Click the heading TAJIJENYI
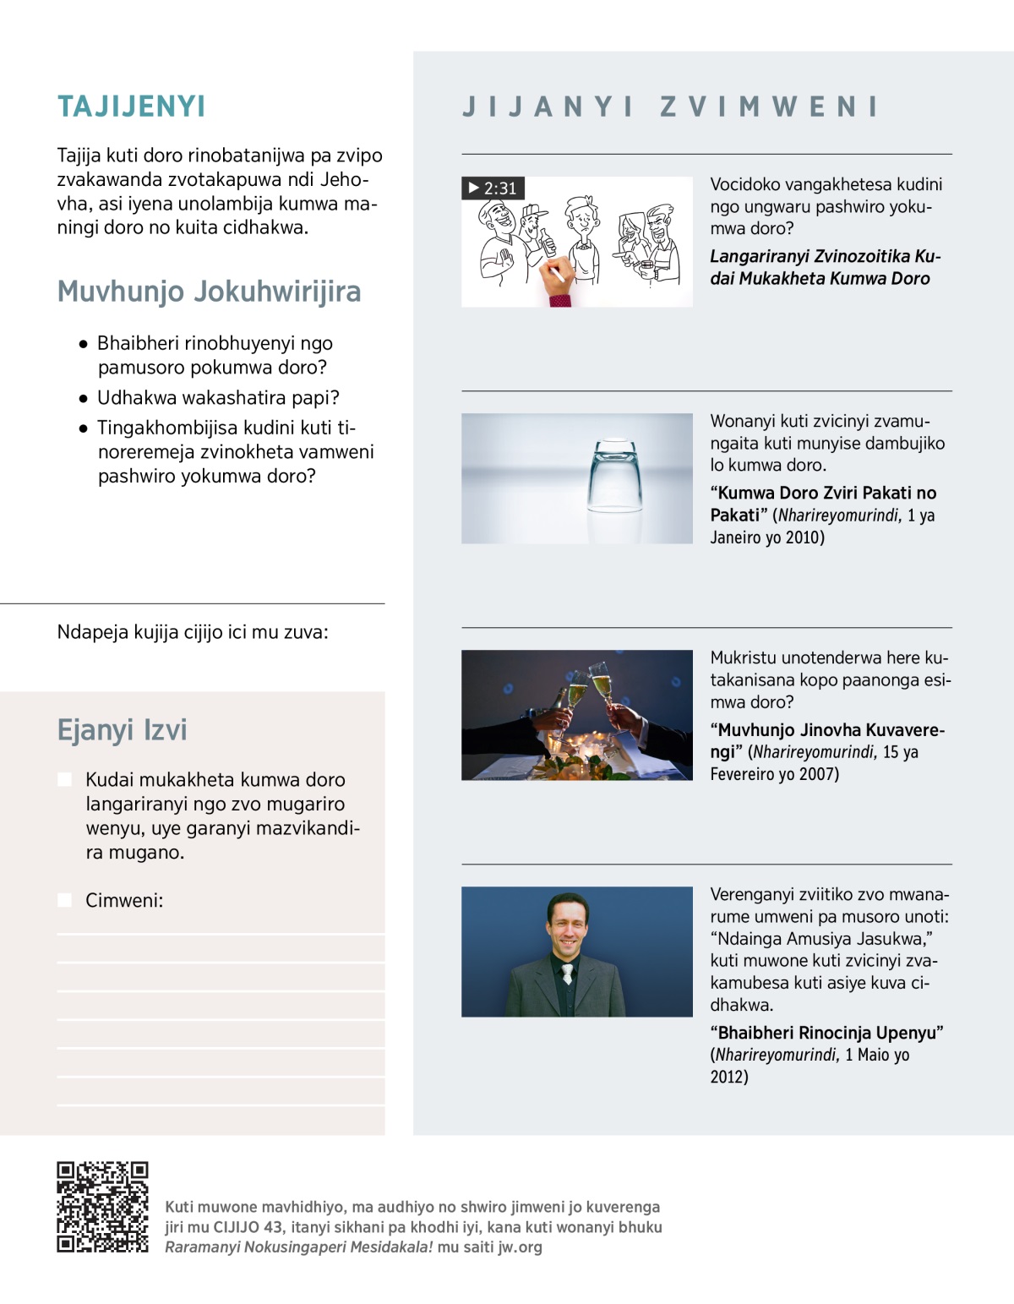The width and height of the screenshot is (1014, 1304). click(131, 106)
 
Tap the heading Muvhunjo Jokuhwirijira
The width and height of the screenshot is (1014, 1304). click(209, 291)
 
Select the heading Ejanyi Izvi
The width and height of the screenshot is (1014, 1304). click(122, 729)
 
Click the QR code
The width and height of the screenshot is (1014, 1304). click(102, 1207)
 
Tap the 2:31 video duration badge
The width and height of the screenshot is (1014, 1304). click(493, 188)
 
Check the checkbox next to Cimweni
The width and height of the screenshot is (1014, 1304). click(65, 900)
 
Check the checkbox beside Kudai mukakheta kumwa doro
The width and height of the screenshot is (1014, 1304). click(65, 779)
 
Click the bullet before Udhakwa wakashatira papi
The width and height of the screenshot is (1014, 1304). click(83, 398)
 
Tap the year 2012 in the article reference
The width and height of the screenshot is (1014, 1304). click(728, 1077)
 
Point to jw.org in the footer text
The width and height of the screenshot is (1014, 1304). click(520, 1247)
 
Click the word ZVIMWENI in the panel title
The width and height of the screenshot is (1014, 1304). click(769, 107)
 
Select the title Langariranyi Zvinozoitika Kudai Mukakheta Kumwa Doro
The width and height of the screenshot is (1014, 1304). click(824, 267)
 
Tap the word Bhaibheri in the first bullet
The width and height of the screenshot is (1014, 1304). click(138, 343)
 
